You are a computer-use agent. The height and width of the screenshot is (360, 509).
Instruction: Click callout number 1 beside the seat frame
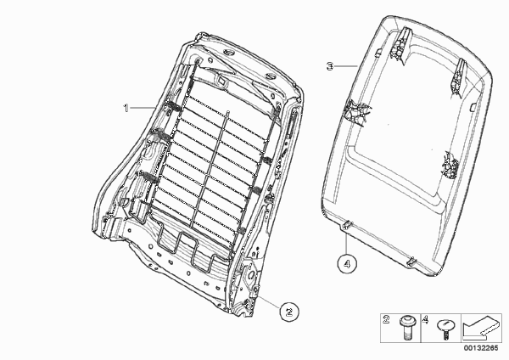click(x=126, y=108)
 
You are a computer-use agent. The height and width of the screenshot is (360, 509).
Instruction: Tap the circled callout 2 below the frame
click(x=289, y=312)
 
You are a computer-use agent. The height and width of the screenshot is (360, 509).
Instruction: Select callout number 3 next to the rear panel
click(x=330, y=66)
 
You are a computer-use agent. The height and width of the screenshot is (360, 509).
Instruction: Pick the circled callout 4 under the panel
click(x=347, y=264)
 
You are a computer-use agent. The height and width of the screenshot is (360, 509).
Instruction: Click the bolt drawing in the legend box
click(x=406, y=328)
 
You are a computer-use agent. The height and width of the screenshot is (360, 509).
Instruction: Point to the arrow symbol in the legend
click(x=481, y=328)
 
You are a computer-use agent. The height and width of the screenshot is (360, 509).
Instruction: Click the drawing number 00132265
click(x=480, y=348)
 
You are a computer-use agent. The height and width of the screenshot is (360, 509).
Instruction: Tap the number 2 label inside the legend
click(x=386, y=320)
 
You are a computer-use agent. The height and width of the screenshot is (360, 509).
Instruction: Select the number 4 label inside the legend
click(x=425, y=320)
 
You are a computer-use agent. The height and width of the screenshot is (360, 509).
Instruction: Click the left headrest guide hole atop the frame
click(x=229, y=53)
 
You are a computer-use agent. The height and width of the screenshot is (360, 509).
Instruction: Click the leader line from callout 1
click(x=143, y=108)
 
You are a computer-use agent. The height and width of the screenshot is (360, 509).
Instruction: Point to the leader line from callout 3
click(x=346, y=66)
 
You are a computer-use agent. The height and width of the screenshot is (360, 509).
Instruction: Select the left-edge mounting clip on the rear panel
click(x=356, y=112)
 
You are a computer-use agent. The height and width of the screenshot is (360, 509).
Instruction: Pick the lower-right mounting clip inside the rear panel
click(x=450, y=165)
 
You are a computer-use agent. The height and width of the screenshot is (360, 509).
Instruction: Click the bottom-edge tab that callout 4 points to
click(x=347, y=224)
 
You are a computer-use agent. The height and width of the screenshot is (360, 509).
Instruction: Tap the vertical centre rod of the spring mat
click(x=210, y=170)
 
